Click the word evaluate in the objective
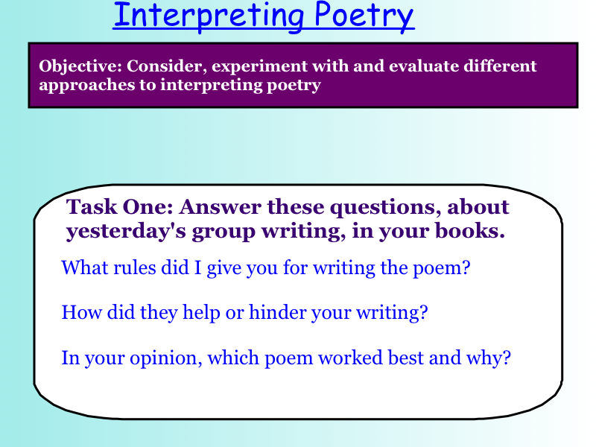point(423,66)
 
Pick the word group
point(223,232)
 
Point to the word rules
point(135,267)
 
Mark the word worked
point(350,358)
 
